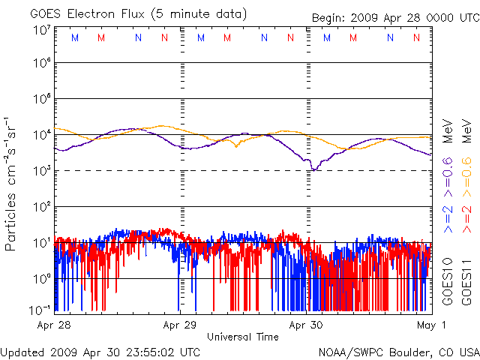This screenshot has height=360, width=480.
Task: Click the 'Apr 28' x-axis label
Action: (x=53, y=325)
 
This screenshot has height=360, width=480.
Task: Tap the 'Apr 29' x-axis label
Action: (x=179, y=325)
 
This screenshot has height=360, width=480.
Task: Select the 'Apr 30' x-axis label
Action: (x=306, y=325)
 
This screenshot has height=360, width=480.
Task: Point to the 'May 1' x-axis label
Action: (x=433, y=325)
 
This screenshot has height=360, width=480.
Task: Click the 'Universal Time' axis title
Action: (x=242, y=337)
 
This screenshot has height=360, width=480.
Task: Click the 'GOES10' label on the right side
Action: (x=448, y=278)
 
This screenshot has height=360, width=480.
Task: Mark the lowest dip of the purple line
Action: (x=314, y=170)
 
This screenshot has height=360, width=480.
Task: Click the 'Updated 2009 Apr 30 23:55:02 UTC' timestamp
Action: (x=100, y=351)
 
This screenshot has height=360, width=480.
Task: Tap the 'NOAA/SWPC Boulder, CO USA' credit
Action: (x=398, y=351)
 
